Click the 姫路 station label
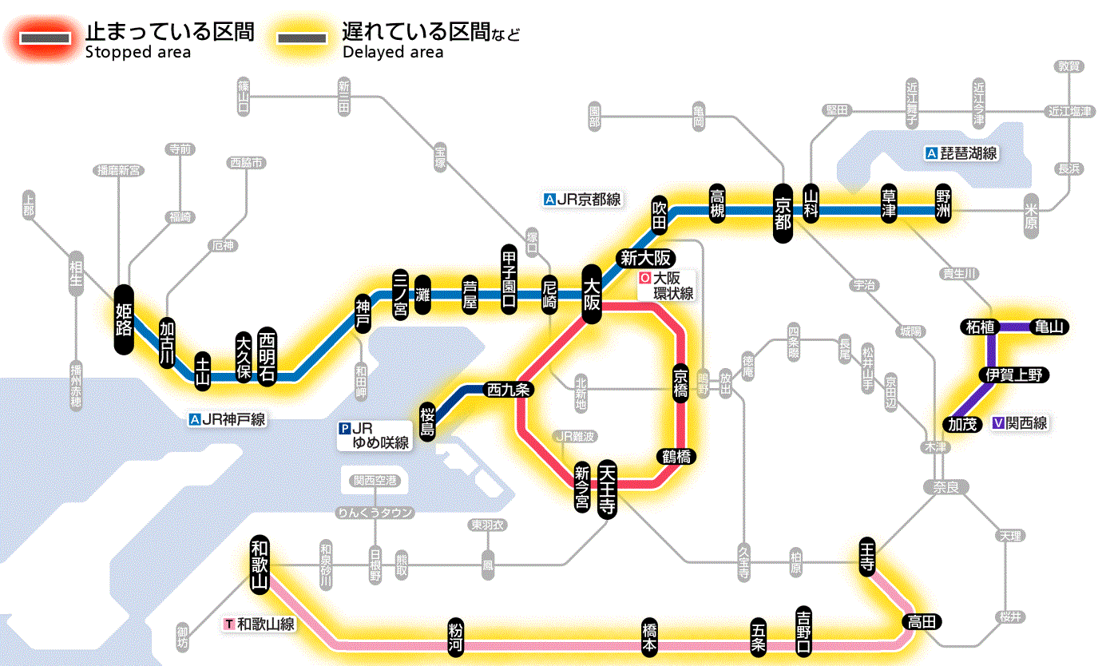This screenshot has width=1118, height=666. pos(124,319)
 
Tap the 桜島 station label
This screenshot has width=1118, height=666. pos(428,421)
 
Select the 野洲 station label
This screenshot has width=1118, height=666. pos(945,207)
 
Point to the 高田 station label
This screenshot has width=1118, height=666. pos(923,622)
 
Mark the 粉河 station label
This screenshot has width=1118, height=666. pos(455,636)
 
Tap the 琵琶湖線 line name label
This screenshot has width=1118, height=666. pos(961,153)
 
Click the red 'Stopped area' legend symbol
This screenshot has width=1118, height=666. pos(45,38)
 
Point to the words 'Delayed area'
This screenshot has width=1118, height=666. pos(392,53)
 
